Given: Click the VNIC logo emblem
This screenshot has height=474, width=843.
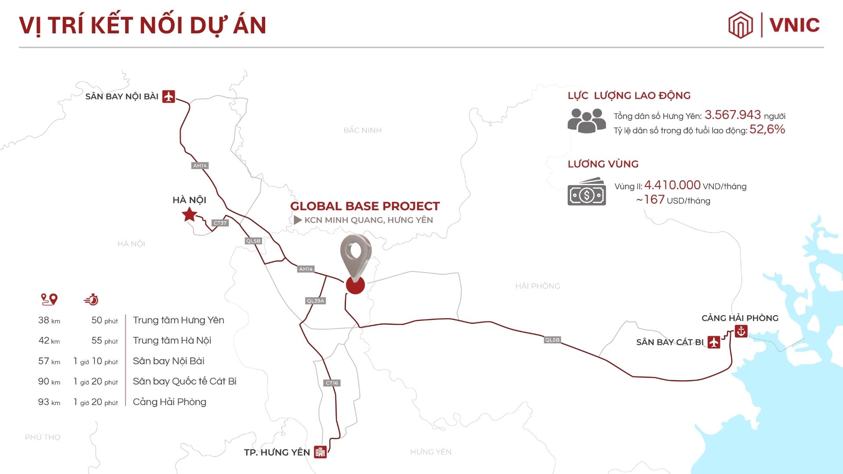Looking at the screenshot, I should coord(740,25).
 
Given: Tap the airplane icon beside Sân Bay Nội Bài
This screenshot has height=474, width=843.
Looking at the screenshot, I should coord(169,96).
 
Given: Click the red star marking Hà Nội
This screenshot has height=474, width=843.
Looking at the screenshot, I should coord(189,215).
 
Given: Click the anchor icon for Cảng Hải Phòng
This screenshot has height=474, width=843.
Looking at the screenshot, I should coord(741,331).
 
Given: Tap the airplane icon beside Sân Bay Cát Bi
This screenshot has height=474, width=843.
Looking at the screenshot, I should coord(714,342).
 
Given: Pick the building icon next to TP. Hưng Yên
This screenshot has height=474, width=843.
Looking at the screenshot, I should coord(320,452).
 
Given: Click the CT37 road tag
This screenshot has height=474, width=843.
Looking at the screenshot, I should coord(220,223).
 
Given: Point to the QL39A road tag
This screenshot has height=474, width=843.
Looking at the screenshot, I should coord(315,301).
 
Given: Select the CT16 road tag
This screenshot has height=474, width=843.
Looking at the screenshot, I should coord(332,383).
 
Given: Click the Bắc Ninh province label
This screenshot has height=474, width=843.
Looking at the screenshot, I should coord(362,130).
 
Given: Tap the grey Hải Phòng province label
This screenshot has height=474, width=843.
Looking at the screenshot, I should coord(537,286).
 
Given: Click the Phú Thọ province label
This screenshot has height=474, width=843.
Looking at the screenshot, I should coord(43,437).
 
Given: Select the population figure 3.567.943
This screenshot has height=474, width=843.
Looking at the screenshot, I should coord(732,115).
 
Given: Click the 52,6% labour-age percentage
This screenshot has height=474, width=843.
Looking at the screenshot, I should coord(767,129).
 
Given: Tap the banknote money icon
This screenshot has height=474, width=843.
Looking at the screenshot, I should coord(587,193).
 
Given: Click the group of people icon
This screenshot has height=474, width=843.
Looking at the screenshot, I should coord(587,121).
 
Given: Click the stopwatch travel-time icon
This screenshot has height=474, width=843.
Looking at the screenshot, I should coord(91,299).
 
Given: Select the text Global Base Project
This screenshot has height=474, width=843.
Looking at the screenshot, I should coord(365,206).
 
